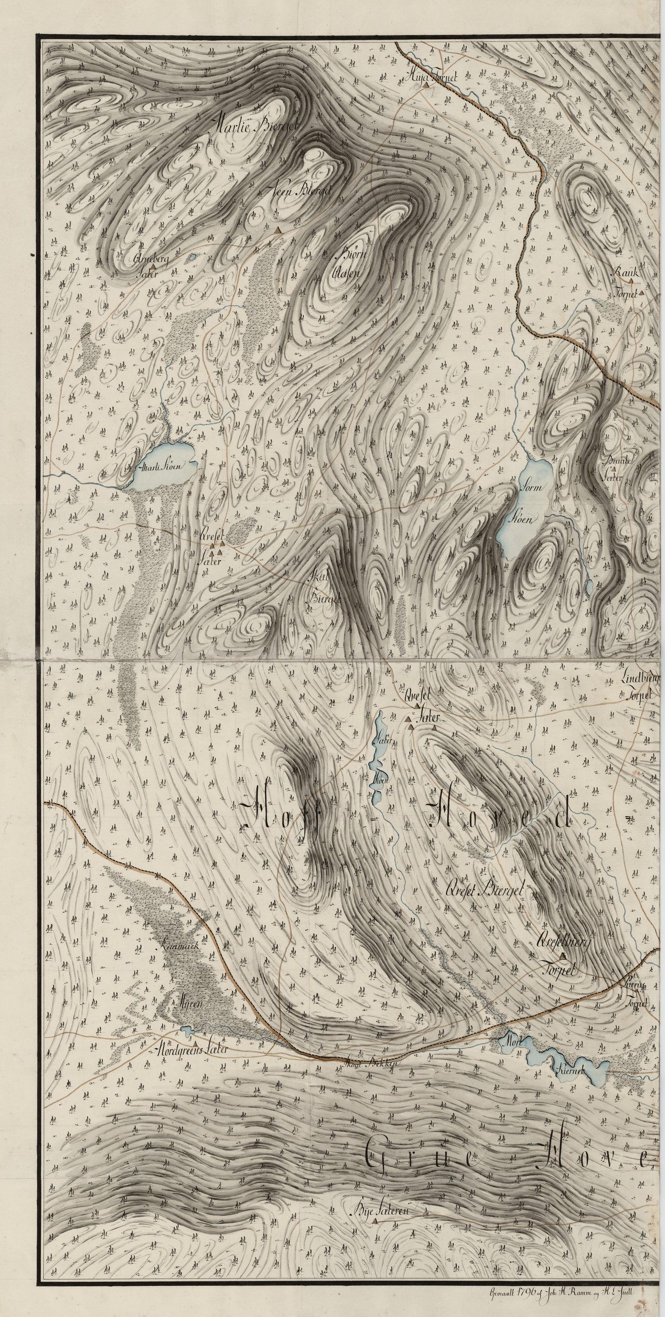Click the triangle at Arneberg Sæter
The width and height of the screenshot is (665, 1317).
click(x=153, y=266)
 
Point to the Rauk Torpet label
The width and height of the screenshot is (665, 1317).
click(x=627, y=282)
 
